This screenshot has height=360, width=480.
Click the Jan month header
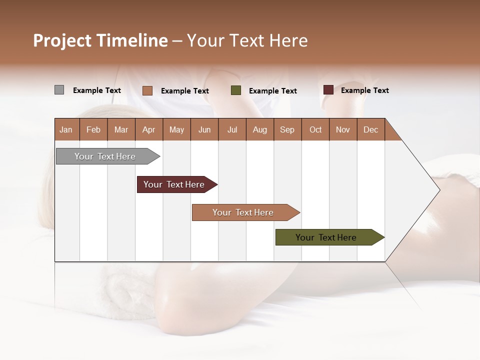66,129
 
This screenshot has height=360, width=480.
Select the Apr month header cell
149,129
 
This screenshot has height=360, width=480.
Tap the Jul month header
232,129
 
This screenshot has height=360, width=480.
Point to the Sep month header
287,129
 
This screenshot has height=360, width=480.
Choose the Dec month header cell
370,129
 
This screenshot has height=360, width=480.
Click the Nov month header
343,129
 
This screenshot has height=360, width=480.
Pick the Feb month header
93,129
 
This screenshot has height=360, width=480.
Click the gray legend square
59,90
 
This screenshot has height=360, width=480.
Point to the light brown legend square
147,90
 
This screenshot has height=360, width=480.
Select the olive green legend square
236,90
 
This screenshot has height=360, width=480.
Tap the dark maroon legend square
328,90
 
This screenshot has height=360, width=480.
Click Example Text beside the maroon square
364,90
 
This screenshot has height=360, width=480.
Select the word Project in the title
62,40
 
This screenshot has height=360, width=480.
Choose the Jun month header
204,129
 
